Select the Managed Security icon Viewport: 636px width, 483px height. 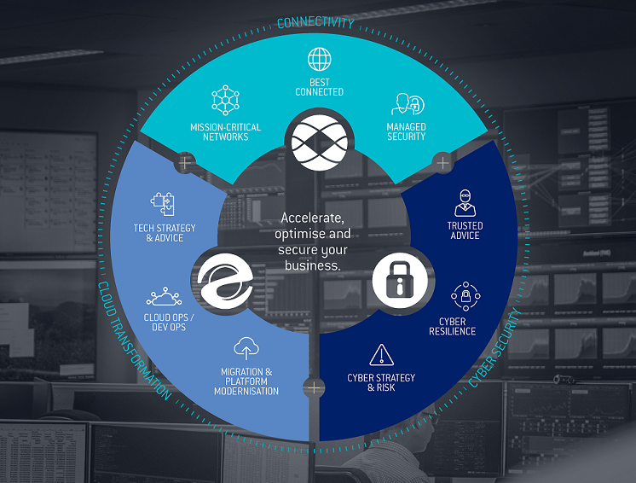406,105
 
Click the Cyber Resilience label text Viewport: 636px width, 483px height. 452,326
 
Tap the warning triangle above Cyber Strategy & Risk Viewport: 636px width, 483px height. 381,354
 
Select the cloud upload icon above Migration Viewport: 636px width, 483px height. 246,348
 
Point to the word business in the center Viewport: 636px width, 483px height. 314,265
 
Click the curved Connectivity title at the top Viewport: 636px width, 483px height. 316,22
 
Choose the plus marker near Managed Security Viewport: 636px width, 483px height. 442,161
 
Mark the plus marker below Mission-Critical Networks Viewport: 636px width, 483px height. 185,160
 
